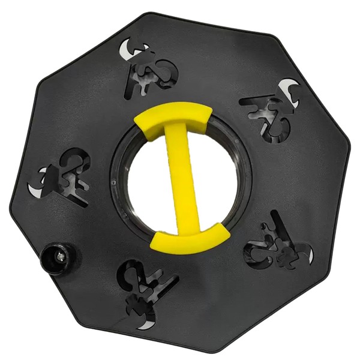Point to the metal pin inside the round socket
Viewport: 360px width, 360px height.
click(x=59, y=257)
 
